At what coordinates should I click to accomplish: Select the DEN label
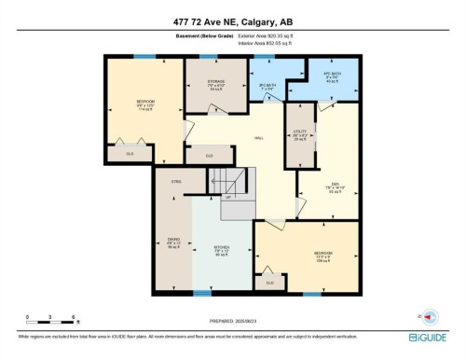[333, 184]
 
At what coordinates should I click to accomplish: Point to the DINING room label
[173, 241]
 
